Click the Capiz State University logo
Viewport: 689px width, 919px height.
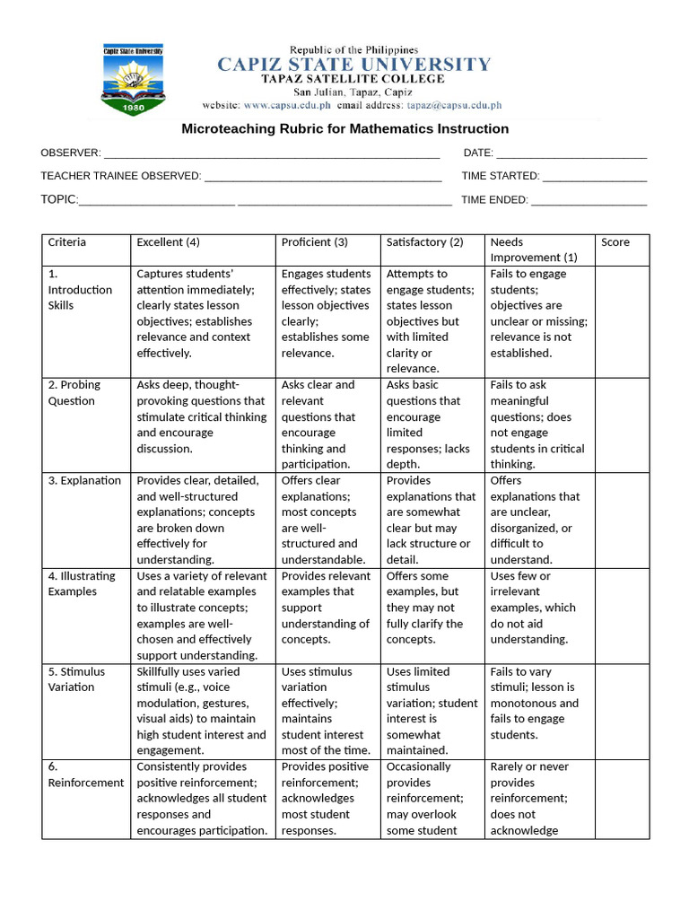pos(135,80)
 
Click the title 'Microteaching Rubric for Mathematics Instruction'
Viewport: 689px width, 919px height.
pos(345,128)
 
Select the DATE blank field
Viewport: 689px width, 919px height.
pos(571,154)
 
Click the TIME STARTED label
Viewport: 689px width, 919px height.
pos(500,176)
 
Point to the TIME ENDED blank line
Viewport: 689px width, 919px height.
pos(589,201)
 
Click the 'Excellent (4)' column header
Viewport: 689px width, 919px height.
pos(168,242)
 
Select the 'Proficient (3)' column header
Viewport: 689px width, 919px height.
pos(314,242)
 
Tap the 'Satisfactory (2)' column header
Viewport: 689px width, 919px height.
pos(424,242)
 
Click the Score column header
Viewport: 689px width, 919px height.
pos(615,242)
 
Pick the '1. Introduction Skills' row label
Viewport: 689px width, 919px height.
pos(80,290)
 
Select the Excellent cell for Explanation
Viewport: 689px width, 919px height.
pos(202,520)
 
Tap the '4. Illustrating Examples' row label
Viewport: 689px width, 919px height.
pos(82,584)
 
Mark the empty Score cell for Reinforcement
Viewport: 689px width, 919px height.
pos(622,799)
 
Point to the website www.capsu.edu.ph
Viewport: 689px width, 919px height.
pos(280,105)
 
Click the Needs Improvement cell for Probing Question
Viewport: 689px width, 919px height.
pos(537,424)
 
